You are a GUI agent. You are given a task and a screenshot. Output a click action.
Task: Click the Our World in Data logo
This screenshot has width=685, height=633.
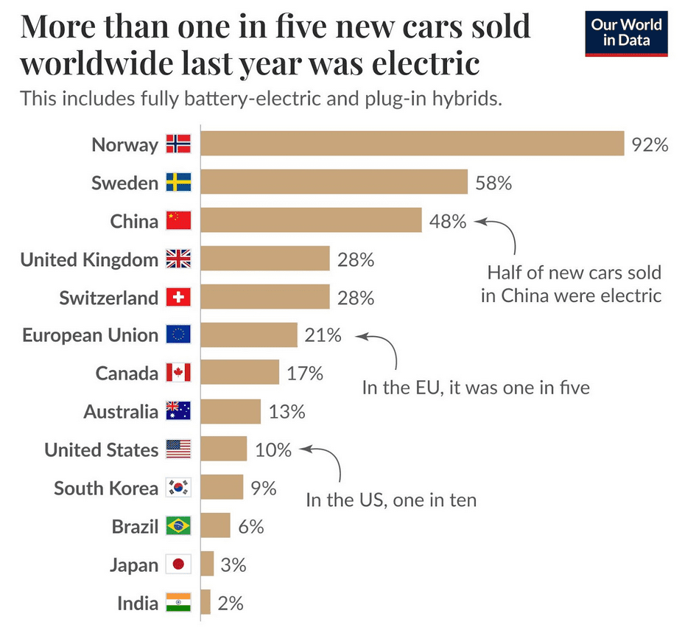point(626,33)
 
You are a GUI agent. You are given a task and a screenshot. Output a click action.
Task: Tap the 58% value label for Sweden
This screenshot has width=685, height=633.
point(493,183)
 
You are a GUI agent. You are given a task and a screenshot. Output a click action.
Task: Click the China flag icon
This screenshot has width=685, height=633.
point(178,220)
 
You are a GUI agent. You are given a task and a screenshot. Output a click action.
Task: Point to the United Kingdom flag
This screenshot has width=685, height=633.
point(178,259)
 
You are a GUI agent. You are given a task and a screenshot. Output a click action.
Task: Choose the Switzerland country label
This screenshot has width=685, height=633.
point(109,298)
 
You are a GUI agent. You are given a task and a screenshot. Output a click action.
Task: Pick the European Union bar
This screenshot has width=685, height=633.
point(249,335)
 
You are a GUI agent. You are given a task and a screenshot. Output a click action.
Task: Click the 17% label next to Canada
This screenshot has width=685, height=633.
point(305,373)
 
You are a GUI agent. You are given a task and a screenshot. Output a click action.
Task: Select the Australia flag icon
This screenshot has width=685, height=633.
point(178,411)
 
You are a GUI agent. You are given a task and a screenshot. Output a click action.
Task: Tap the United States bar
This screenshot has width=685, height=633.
point(224,449)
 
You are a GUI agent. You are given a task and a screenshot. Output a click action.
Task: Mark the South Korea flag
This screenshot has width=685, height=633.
point(178,487)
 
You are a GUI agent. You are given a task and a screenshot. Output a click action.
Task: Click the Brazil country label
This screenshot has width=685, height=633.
point(135,526)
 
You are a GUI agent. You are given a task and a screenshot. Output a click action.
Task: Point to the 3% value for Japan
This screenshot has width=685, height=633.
point(233,565)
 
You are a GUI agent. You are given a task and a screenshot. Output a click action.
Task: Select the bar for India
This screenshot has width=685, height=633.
point(205,603)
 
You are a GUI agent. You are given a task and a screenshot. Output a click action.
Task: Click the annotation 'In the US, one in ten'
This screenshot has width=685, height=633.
point(391,500)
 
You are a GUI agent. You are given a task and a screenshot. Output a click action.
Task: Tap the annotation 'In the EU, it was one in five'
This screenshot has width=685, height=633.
point(475,387)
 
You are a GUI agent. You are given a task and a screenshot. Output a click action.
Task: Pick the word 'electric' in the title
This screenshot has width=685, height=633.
point(425,63)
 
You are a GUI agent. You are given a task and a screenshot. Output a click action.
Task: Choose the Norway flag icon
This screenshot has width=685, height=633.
point(178,144)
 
